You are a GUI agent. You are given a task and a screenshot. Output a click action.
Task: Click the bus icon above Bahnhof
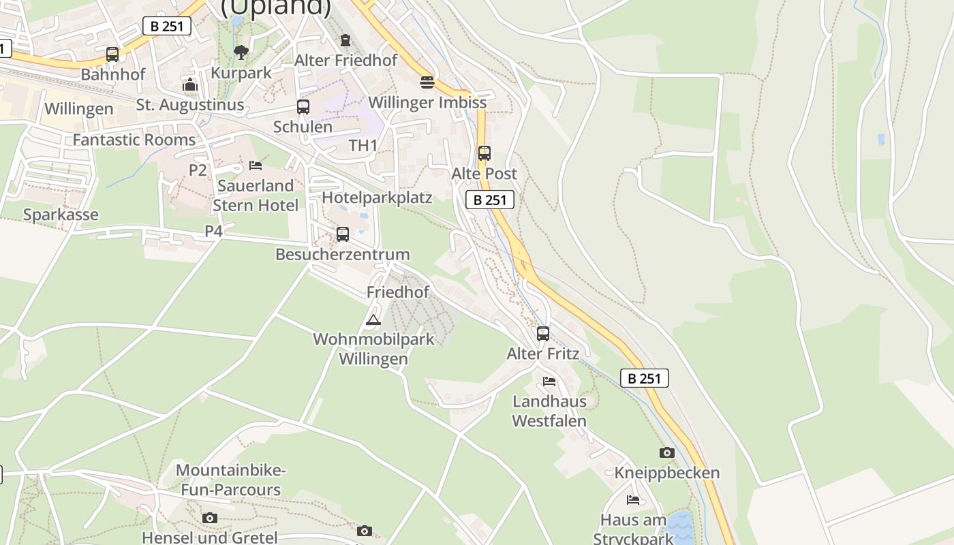[112, 54]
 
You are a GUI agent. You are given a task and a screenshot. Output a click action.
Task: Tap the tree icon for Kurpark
[241, 52]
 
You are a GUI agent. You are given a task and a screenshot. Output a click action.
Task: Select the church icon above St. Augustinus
[190, 85]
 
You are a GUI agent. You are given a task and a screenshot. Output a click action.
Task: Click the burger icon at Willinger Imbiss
[427, 82]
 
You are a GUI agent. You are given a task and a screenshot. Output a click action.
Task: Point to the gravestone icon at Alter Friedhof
[345, 40]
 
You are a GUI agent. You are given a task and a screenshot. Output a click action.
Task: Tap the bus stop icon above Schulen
[303, 107]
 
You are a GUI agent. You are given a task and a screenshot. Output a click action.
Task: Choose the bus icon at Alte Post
[484, 153]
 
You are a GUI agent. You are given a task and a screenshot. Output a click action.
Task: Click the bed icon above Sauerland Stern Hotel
[256, 166]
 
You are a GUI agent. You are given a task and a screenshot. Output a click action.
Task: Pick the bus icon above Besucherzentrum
[343, 234]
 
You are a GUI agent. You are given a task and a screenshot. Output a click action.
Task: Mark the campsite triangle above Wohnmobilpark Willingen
[373, 320]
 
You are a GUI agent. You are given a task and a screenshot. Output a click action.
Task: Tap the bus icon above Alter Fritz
[543, 334]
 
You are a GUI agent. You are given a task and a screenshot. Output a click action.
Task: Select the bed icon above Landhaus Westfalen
[549, 381]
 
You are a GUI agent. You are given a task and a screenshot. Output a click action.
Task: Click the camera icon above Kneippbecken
[667, 452]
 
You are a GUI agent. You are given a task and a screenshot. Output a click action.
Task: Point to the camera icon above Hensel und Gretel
[210, 518]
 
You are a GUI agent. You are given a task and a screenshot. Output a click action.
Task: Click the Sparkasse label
[61, 215]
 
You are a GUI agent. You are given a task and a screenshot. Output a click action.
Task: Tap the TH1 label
[363, 146]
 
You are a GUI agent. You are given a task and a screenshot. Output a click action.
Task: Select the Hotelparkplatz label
[377, 198]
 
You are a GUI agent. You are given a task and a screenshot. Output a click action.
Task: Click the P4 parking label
[214, 231]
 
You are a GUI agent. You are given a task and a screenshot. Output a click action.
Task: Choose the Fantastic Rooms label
[134, 140]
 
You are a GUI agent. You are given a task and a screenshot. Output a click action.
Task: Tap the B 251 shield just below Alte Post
[490, 200]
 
